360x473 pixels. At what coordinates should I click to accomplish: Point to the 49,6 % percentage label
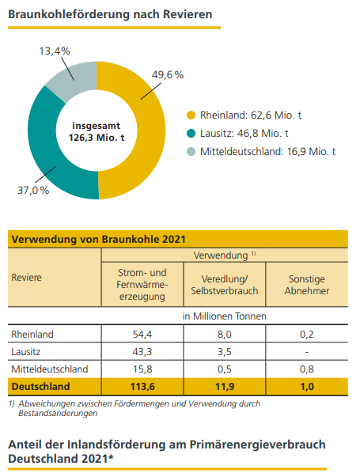167,75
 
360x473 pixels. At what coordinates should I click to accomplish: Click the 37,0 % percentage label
33,190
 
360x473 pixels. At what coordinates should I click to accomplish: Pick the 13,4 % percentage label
55,51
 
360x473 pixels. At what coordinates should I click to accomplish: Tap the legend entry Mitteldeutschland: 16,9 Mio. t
267,151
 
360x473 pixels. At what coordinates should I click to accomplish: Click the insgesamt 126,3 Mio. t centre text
97,131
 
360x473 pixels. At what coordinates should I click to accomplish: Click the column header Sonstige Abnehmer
305,285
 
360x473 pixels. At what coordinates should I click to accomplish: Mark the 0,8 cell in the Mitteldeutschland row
305,369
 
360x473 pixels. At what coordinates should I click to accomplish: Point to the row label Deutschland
40,387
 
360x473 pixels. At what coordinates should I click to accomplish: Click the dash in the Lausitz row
305,351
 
